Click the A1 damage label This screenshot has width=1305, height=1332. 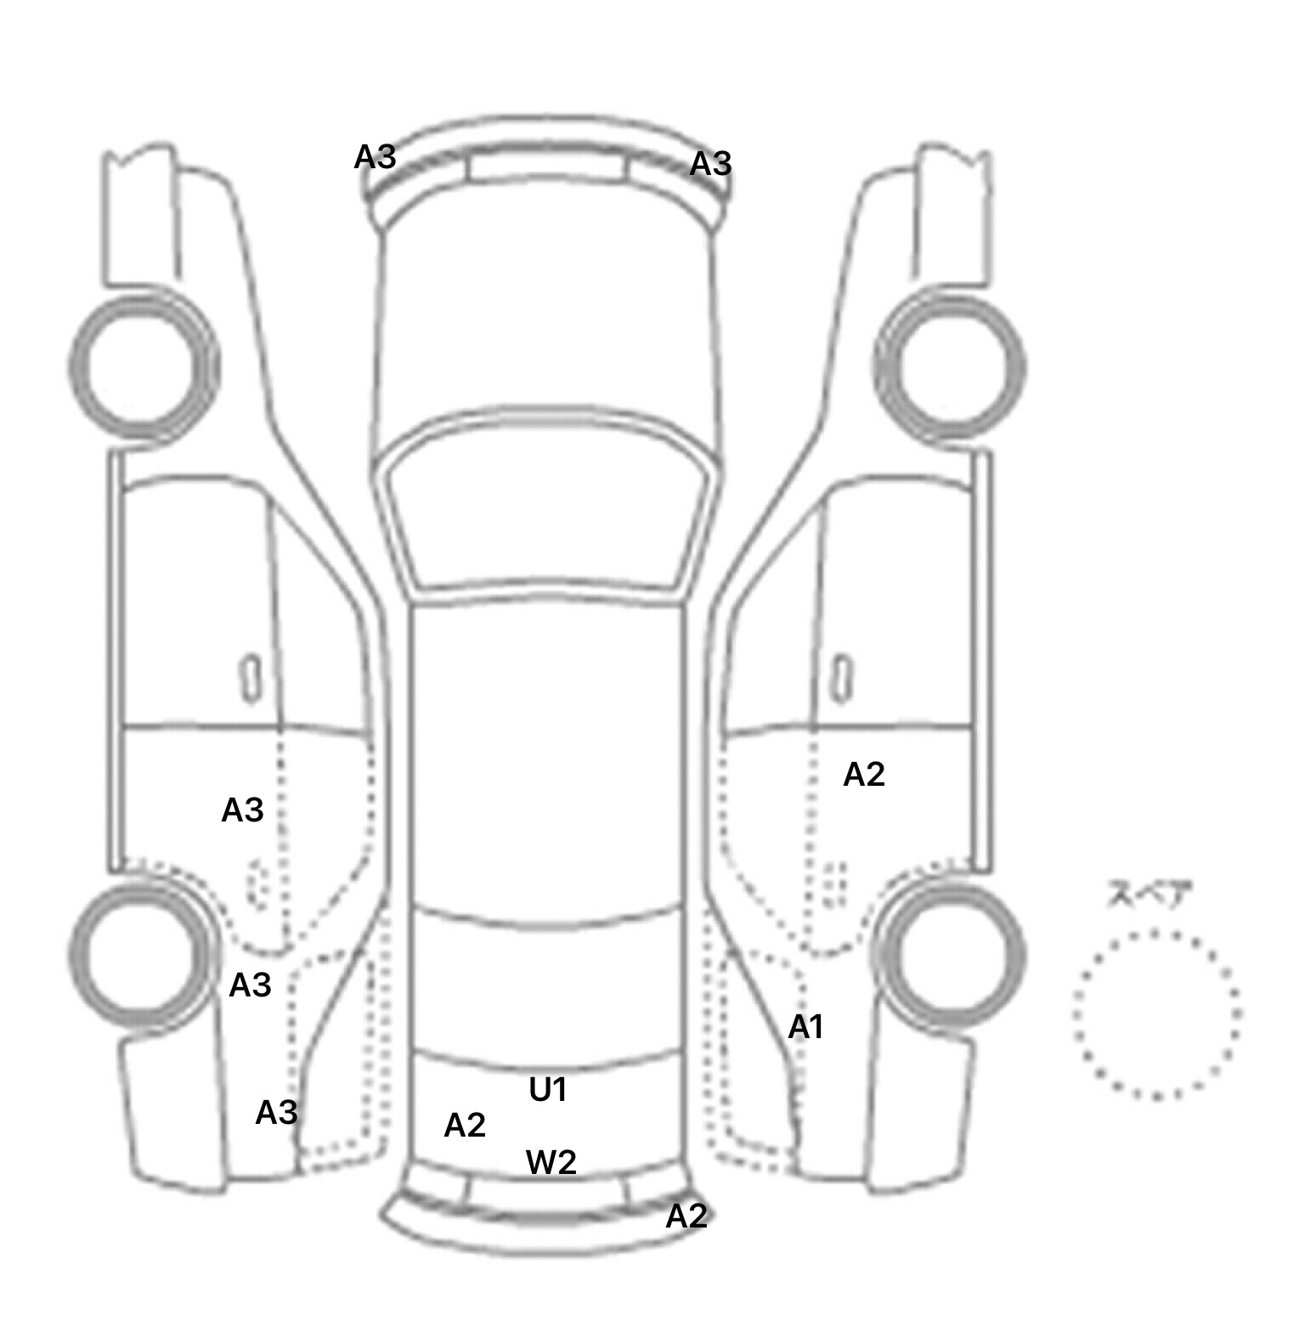click(x=805, y=1028)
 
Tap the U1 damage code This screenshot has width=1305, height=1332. click(x=547, y=1090)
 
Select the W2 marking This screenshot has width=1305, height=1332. click(x=551, y=1162)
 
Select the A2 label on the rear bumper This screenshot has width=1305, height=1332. click(x=686, y=1216)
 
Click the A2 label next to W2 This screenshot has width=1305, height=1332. click(x=465, y=1125)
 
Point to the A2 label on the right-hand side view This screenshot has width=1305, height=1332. click(x=864, y=774)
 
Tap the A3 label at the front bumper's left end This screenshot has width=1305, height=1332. click(x=375, y=156)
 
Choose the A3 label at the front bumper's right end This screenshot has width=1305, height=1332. click(x=710, y=163)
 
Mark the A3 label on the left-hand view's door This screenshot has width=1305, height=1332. click(x=242, y=810)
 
